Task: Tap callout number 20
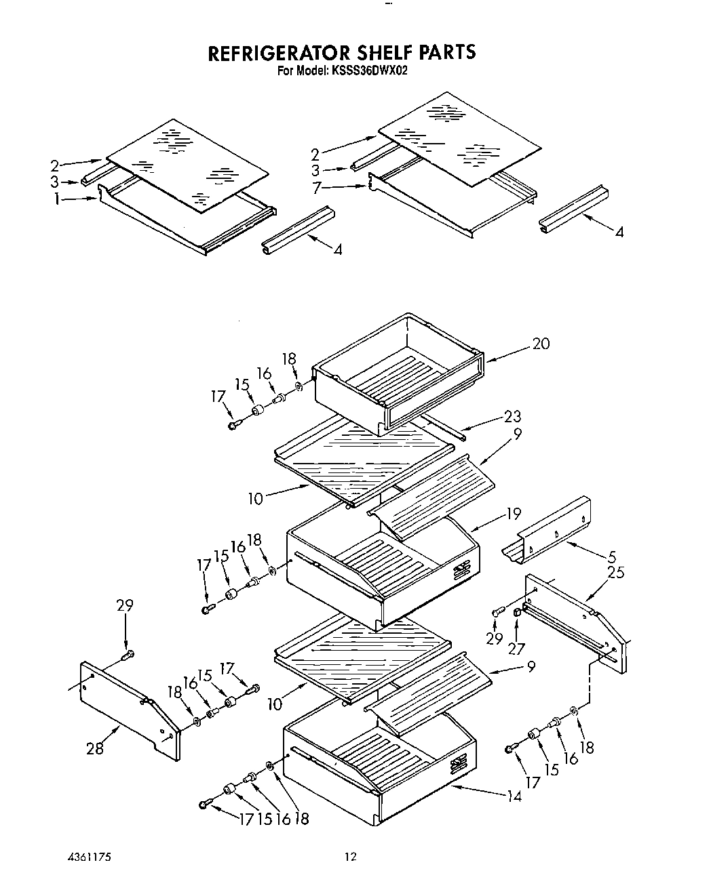point(541,344)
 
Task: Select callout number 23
point(512,416)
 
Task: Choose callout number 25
point(616,572)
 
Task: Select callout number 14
point(514,796)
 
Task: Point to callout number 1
point(57,199)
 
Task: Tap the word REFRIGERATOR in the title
point(274,53)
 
